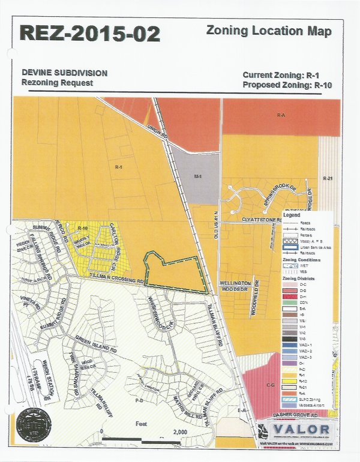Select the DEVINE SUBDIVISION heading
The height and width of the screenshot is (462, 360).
click(65, 73)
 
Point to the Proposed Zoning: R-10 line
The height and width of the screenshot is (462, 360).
click(287, 85)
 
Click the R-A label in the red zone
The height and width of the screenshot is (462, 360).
click(280, 113)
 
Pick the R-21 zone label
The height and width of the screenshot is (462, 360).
click(327, 179)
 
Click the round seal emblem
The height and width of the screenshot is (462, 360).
click(33, 425)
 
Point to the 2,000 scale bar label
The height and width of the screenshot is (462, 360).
click(180, 432)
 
